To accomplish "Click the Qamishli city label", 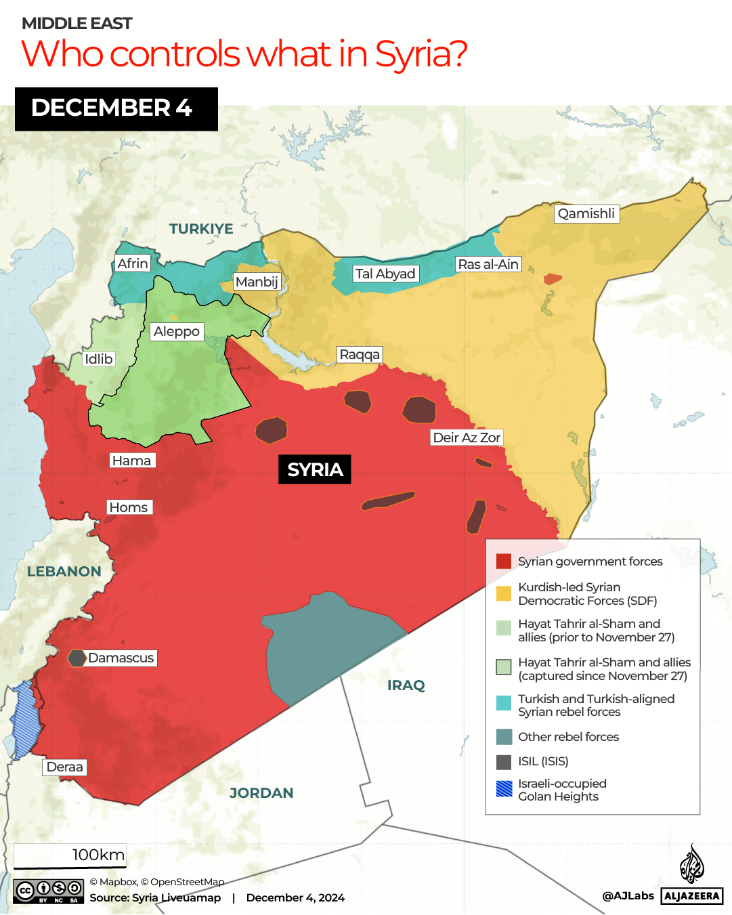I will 586,214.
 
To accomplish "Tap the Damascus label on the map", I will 121,658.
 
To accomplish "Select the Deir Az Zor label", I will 467,438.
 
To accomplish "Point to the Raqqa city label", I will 360,355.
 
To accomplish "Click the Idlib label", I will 99,359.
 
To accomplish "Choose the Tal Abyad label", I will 385,274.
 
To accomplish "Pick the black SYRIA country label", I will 315,469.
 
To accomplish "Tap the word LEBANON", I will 64,572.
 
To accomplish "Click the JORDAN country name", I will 261,793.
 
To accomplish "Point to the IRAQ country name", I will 406,685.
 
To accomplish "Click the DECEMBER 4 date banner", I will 116,108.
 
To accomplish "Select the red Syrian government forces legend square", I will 504,561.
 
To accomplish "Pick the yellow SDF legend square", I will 504,594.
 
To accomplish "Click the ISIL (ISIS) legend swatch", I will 504,762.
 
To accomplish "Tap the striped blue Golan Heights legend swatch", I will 504,789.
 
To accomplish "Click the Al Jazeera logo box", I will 691,896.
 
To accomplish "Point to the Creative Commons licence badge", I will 48,891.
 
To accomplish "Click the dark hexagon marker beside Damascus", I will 77,658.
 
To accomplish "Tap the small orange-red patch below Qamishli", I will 553,278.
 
